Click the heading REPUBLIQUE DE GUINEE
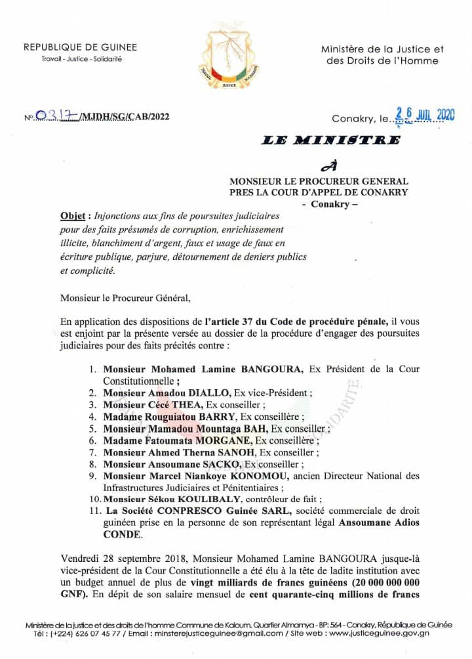point(81,47)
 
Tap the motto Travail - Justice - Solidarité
point(81,59)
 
